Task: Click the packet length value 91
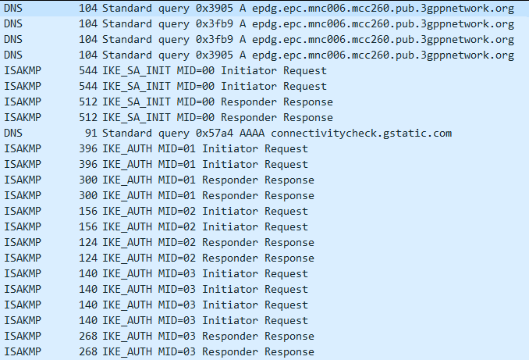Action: pyautogui.click(x=90, y=134)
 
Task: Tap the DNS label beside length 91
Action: pyautogui.click(x=13, y=134)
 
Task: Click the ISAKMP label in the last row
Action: pyautogui.click(x=23, y=352)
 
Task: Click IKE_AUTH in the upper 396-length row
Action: pyautogui.click(x=127, y=149)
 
